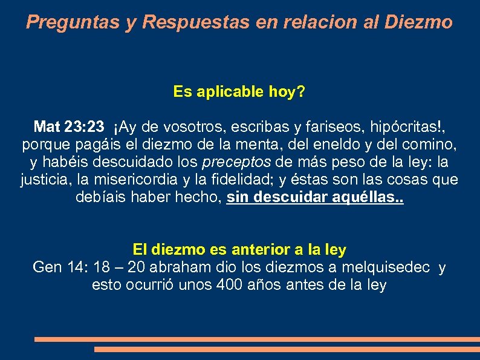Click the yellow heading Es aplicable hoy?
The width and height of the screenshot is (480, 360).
239,92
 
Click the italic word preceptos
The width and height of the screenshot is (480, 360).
238,163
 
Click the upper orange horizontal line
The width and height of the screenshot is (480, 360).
256,339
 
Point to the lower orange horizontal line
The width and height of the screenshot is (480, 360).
287,349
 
